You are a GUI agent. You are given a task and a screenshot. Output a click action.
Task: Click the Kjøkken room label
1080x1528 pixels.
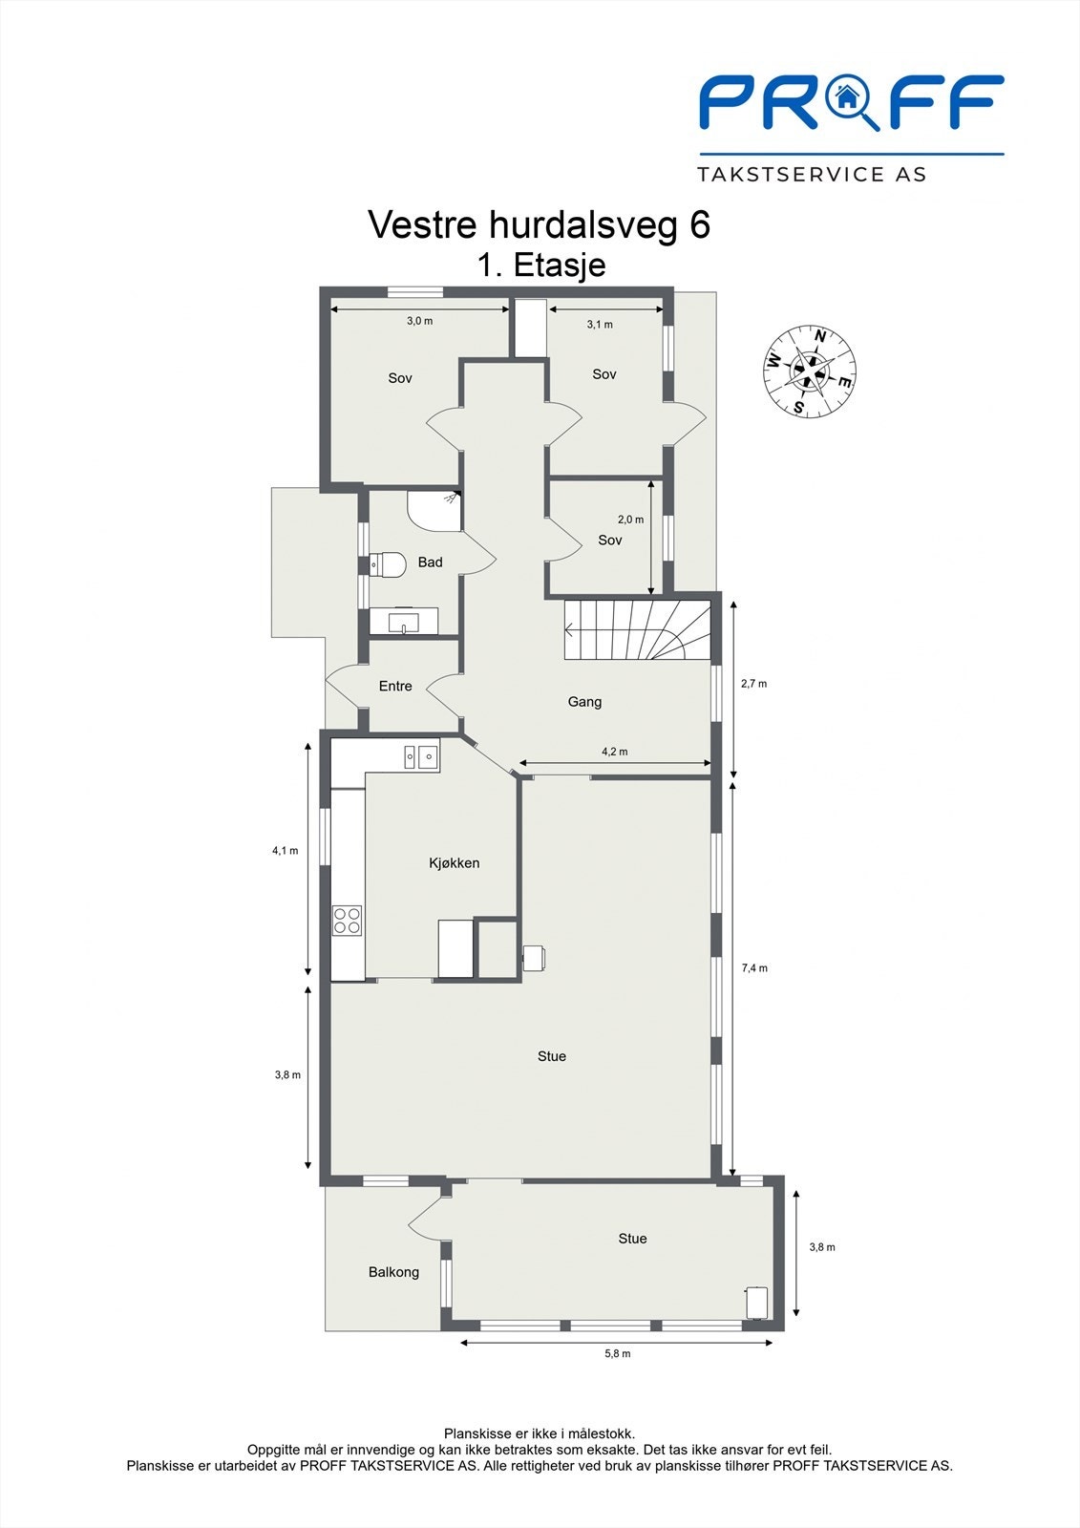pyautogui.click(x=454, y=863)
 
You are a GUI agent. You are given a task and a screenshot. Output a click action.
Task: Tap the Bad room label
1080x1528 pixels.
pyautogui.click(x=431, y=562)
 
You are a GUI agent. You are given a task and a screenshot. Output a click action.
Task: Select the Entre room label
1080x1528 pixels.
pyautogui.click(x=395, y=687)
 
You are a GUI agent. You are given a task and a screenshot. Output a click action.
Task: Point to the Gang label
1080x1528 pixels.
pyautogui.click(x=584, y=702)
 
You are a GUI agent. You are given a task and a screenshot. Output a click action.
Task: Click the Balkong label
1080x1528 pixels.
pyautogui.click(x=393, y=1272)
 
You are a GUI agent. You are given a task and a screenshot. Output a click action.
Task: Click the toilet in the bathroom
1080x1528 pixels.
pyautogui.click(x=388, y=564)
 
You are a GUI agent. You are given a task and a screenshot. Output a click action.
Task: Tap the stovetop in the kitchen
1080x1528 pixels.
pyautogui.click(x=347, y=920)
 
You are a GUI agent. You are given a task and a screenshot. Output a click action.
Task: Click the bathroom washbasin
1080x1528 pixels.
pyautogui.click(x=404, y=622)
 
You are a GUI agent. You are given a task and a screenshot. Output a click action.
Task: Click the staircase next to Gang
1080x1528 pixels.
pyautogui.click(x=637, y=629)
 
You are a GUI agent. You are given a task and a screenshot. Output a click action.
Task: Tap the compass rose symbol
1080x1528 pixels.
pyautogui.click(x=810, y=371)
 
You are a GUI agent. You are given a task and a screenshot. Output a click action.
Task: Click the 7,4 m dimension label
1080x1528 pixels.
pyautogui.click(x=754, y=968)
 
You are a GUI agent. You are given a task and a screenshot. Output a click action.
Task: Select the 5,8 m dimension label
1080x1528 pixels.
pyautogui.click(x=618, y=1353)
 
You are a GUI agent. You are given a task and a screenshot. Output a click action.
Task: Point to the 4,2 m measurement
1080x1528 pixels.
pyautogui.click(x=615, y=752)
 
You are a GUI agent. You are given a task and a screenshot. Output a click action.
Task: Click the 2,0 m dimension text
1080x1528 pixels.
pyautogui.click(x=630, y=520)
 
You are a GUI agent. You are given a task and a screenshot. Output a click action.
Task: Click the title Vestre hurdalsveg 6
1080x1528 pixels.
pyautogui.click(x=539, y=225)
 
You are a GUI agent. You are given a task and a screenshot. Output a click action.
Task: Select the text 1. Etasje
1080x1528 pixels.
pyautogui.click(x=541, y=265)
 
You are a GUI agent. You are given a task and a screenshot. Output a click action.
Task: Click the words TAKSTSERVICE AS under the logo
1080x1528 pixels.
pyautogui.click(x=812, y=175)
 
